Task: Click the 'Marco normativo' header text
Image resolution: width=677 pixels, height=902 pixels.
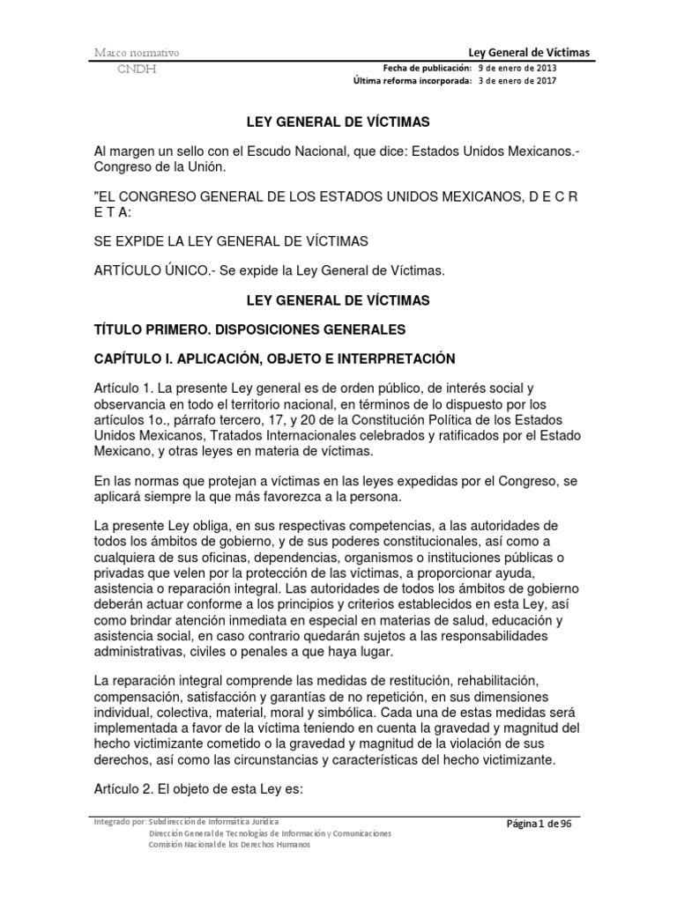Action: (x=137, y=53)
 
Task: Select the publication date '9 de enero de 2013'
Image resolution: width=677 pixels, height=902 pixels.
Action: (x=517, y=67)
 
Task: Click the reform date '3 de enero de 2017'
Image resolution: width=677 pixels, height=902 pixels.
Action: (x=517, y=81)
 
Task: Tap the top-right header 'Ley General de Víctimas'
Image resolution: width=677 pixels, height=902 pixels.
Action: (x=529, y=52)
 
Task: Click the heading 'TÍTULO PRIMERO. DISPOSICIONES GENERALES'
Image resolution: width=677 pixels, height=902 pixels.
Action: (x=249, y=329)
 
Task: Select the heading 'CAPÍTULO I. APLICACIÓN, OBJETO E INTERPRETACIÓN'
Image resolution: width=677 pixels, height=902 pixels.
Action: (x=274, y=359)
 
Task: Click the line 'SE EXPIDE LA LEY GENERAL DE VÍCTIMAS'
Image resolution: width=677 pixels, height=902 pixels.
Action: (x=231, y=241)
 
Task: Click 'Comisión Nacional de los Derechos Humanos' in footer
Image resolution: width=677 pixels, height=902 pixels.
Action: (x=230, y=845)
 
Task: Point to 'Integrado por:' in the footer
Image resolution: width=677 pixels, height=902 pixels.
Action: (x=120, y=822)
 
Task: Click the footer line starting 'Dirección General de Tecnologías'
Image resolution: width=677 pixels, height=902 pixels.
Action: (x=271, y=833)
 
